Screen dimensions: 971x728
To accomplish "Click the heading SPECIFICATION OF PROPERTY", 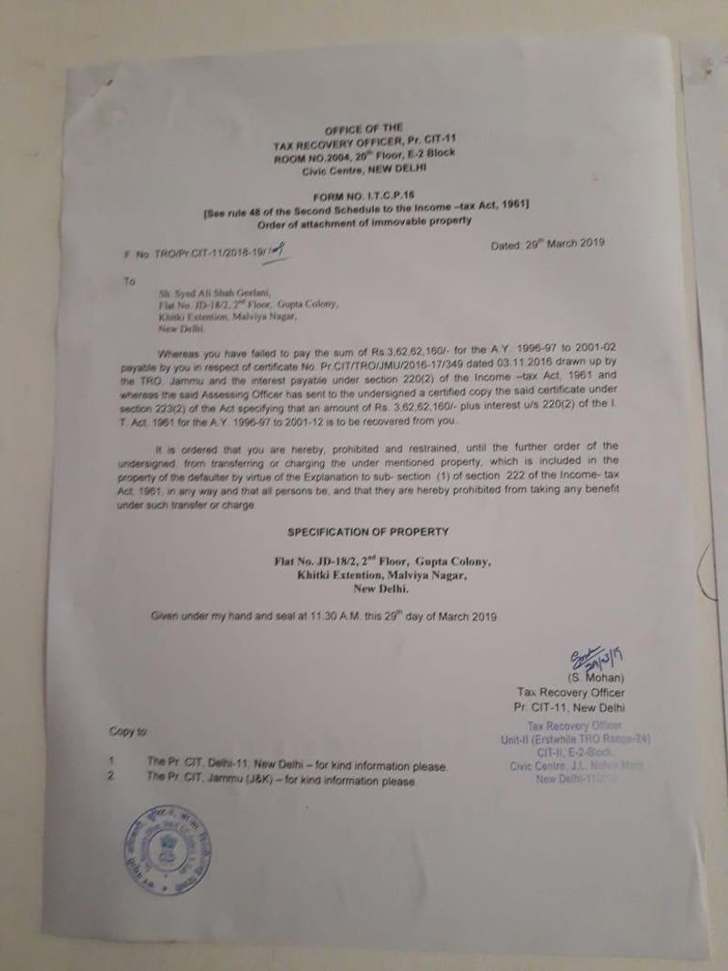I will tap(369, 531).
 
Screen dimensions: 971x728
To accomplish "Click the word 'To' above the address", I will tap(129, 282).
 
